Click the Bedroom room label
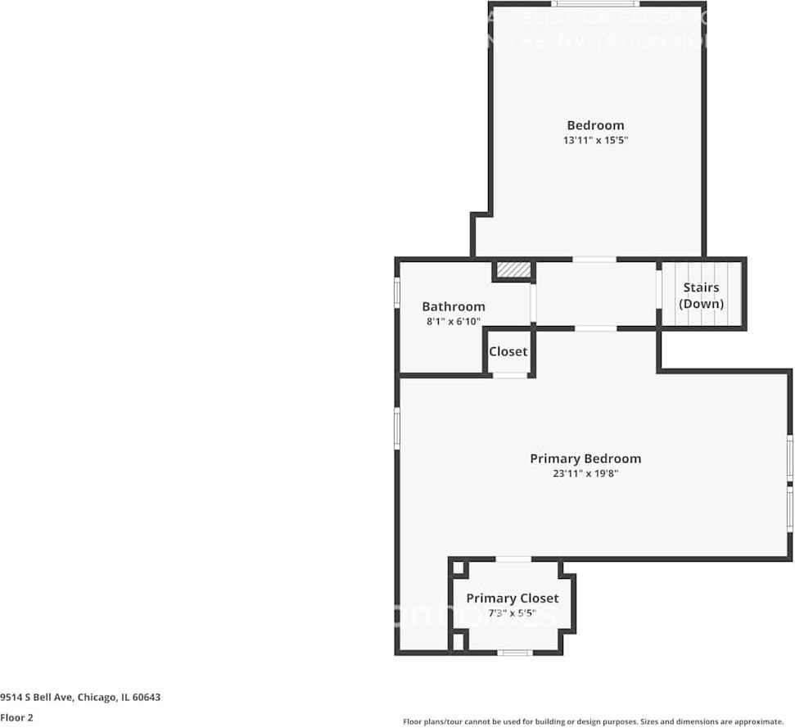click(x=595, y=125)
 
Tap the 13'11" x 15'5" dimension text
click(x=595, y=141)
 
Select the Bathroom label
click(x=454, y=307)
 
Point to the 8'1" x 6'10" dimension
click(x=454, y=322)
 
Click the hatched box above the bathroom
click(x=513, y=270)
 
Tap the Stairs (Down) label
click(x=702, y=296)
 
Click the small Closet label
click(x=508, y=351)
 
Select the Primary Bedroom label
click(x=585, y=459)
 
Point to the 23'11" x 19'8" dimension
click(x=585, y=473)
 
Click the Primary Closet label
click(x=513, y=599)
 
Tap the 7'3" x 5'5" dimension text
click(x=513, y=613)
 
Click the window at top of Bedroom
click(x=594, y=4)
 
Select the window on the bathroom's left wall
click(x=397, y=292)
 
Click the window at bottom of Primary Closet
click(x=515, y=653)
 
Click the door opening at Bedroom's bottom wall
click(x=594, y=260)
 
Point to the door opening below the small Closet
click(x=510, y=375)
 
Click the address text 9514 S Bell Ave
click(x=80, y=698)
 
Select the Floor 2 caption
click(x=16, y=718)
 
